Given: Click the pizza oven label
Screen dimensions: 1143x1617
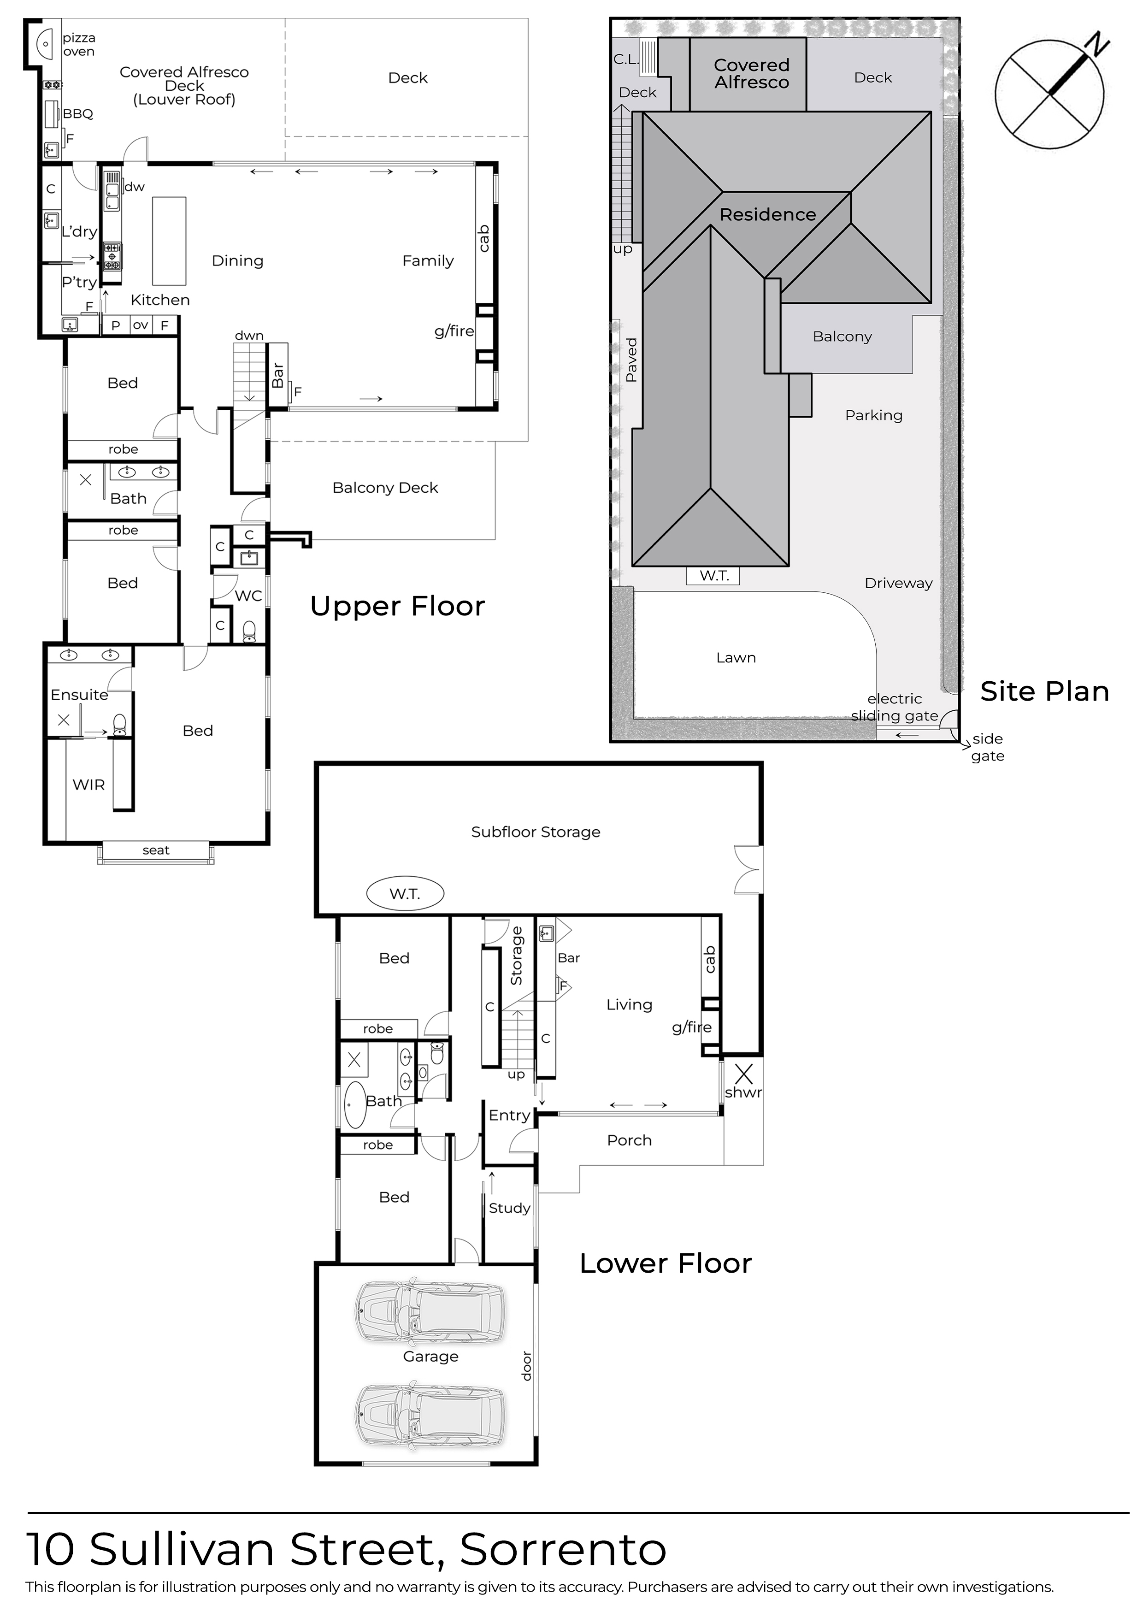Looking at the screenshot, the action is [79, 44].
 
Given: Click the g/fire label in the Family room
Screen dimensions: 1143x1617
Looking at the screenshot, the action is [454, 331].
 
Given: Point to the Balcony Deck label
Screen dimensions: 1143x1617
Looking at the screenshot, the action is [385, 487].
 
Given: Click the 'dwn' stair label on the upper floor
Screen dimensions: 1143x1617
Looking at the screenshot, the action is [249, 336].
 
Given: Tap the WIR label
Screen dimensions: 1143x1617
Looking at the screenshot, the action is [89, 785].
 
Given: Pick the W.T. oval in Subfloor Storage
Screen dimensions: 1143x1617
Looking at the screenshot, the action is [405, 894].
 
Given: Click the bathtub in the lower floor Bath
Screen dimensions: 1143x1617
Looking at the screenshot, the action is [354, 1105].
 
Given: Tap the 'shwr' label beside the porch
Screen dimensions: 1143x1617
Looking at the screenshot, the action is [744, 1092].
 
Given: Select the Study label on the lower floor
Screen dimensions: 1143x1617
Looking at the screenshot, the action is [509, 1208].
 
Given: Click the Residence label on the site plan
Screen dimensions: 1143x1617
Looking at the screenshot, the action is [768, 214].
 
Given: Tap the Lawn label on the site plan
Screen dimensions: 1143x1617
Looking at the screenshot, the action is [736, 657].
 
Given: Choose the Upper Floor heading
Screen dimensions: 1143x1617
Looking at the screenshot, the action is [397, 607].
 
